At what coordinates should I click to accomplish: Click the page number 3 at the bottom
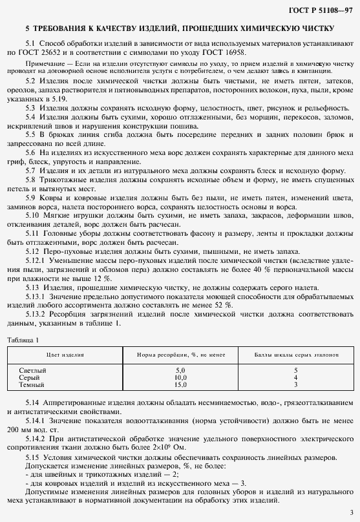350,512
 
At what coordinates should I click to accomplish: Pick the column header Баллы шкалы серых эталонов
295,356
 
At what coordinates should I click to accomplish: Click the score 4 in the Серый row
295,377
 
